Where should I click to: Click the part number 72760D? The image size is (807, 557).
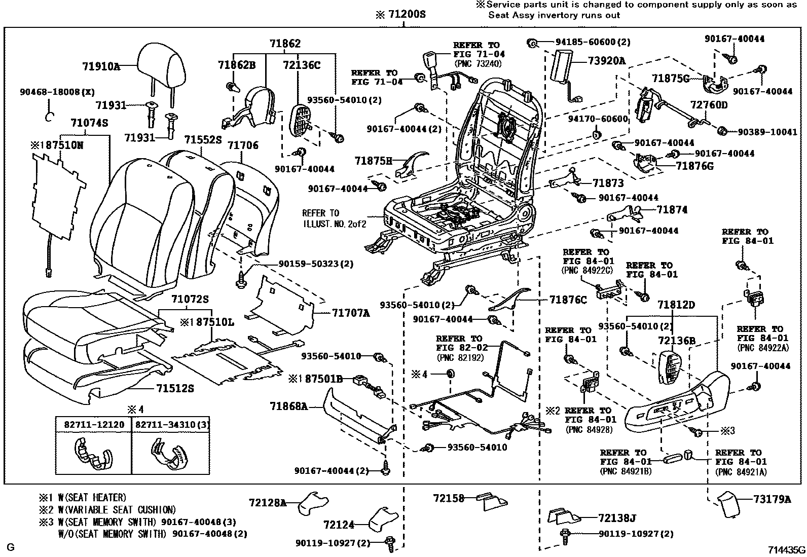(x=709, y=105)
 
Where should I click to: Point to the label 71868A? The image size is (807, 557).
(x=288, y=406)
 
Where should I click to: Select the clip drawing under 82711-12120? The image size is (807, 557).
(x=93, y=453)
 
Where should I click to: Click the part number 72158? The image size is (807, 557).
(x=449, y=499)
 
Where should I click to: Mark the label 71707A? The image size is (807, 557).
(x=351, y=313)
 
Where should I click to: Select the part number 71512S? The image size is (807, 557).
(x=175, y=388)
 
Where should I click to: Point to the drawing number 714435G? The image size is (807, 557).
(x=786, y=549)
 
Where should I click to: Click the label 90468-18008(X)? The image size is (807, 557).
(x=57, y=92)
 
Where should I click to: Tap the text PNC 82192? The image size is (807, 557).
(x=460, y=357)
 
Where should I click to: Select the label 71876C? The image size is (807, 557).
(x=568, y=300)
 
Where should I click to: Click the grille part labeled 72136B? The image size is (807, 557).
(x=672, y=368)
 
